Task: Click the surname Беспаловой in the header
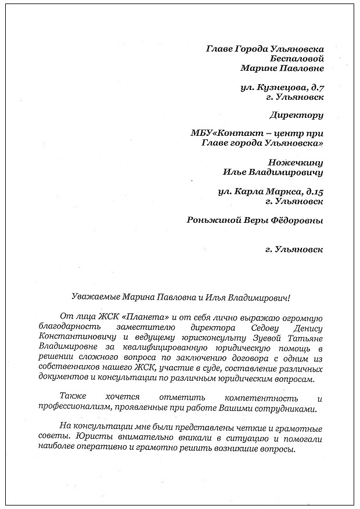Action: [297, 58]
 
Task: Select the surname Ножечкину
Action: [296, 162]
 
